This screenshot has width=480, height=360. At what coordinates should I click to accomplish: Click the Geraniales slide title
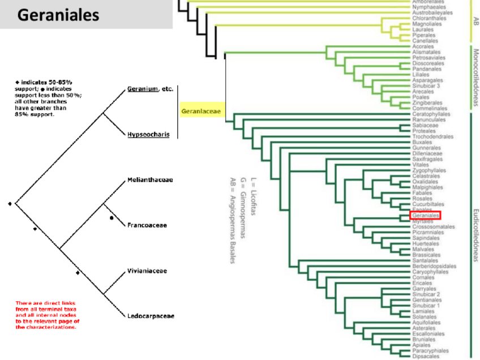click(58, 15)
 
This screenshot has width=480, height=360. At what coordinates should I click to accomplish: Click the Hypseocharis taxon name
click(148, 135)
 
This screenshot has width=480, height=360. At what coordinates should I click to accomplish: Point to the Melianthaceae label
click(150, 180)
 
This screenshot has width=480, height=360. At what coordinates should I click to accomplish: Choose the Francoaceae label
click(147, 225)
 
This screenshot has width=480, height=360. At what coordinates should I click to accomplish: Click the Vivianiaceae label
click(147, 271)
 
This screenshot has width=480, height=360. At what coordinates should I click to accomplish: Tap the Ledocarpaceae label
click(150, 316)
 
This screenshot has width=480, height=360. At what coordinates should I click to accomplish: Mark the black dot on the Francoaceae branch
click(112, 217)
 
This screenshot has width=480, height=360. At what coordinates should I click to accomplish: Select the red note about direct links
click(46, 315)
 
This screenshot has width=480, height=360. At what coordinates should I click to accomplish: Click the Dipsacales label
click(426, 356)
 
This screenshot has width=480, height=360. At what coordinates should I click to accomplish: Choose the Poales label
click(421, 97)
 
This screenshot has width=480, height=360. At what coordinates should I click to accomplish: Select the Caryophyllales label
click(430, 272)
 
